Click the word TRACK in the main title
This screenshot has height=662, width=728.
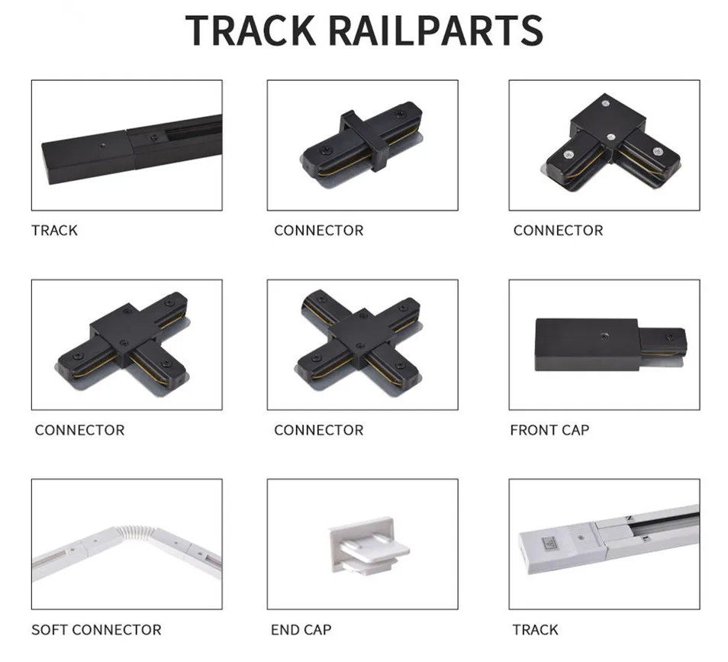coord(251,30)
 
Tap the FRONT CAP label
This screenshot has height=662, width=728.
coord(549,430)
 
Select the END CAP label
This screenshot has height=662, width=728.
coord(301,630)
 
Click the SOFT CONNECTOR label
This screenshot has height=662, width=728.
coord(96,630)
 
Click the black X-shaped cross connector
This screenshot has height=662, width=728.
coord(358,337)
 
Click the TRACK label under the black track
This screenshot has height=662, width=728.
coord(54,230)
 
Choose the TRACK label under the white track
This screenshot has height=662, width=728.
coord(535,630)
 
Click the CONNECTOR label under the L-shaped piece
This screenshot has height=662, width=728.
coord(558,230)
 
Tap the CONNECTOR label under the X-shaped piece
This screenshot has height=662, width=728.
coord(318,430)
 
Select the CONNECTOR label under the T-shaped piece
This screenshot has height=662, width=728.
coord(79,430)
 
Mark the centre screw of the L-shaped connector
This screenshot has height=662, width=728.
coord(611,137)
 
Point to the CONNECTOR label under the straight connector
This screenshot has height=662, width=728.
coord(318,230)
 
